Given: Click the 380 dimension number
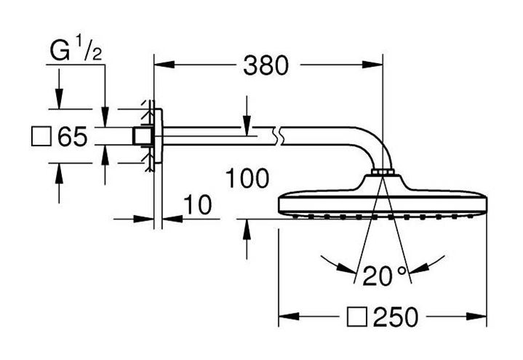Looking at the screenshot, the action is click(266, 65).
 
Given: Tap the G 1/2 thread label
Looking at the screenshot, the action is click(76, 49).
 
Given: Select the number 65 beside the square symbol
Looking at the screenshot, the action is click(73, 137).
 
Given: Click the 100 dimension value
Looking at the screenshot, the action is click(247, 178).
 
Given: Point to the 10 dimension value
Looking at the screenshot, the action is click(198, 204).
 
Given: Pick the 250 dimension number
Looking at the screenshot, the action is click(396, 316).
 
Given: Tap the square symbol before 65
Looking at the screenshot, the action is click(41, 136).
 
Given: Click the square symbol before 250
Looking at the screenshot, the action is click(357, 316).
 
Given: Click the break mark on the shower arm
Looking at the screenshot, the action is click(279, 136).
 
